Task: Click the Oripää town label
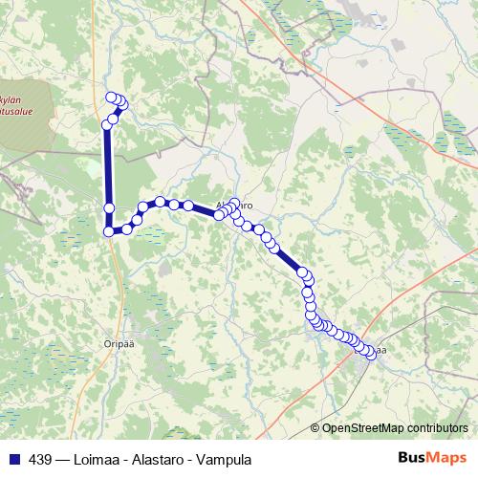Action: point(116,337)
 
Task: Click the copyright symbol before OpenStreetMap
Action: point(315,428)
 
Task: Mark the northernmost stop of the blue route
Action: point(112,98)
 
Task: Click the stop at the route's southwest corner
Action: point(109,230)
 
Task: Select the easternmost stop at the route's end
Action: point(370,355)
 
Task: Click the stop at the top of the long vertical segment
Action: point(108,125)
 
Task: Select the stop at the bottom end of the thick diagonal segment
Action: point(303,273)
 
